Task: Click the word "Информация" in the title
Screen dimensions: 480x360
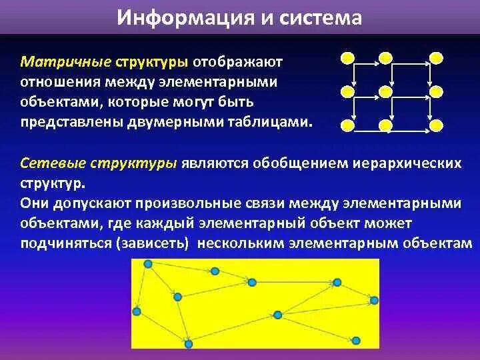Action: [185, 17]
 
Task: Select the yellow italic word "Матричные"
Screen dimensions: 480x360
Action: [66, 62]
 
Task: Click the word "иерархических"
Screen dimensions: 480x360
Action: [407, 164]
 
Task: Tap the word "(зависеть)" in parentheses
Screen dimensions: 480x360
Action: [152, 243]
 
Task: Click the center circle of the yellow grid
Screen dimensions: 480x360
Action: [385, 92]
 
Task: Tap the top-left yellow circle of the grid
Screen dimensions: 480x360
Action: [348, 58]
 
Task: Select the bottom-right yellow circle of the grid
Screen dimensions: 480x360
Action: [436, 125]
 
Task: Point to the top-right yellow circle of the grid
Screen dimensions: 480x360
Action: [436, 58]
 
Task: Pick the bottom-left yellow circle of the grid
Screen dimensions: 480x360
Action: [348, 125]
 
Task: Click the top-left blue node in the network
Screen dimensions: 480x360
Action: [148, 264]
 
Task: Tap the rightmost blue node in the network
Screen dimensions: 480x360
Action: [374, 300]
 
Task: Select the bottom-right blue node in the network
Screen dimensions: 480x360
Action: [355, 341]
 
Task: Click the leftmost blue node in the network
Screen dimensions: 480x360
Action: [137, 311]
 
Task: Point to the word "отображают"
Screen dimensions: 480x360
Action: [237, 62]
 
